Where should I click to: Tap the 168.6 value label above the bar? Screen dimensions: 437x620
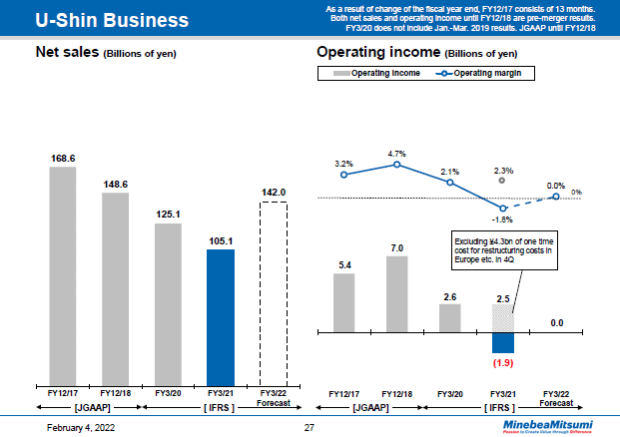(63, 158)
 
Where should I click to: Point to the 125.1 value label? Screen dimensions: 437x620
(168, 214)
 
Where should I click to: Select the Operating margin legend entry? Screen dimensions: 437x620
(486, 74)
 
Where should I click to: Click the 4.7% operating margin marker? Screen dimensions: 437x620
(396, 164)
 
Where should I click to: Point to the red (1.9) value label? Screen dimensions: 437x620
(503, 363)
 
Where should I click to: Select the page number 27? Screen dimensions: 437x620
(309, 427)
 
